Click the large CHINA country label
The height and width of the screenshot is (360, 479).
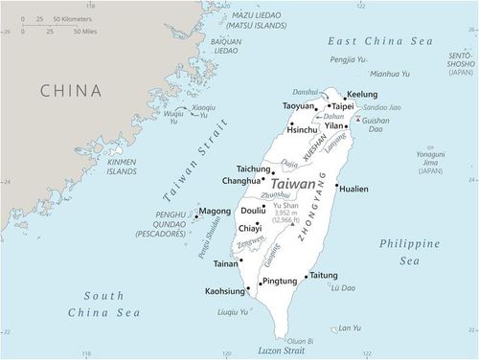click(x=70, y=91)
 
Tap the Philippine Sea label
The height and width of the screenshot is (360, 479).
click(x=409, y=252)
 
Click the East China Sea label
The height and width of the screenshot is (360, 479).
click(x=381, y=41)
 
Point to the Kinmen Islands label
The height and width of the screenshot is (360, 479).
click(x=122, y=168)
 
